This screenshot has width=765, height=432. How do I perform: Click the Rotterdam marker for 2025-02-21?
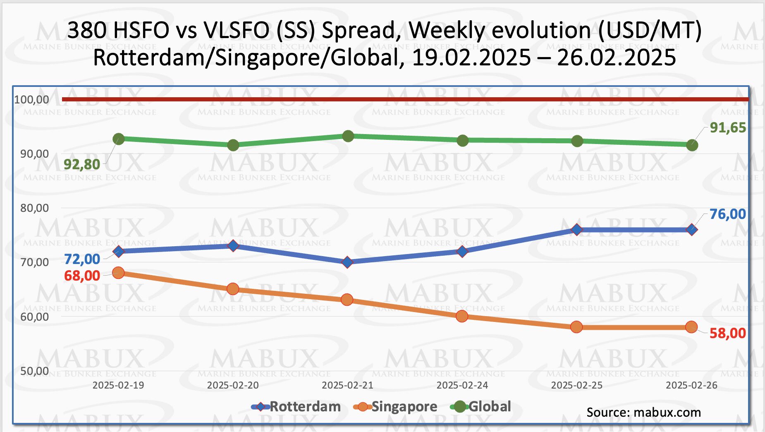click(347, 262)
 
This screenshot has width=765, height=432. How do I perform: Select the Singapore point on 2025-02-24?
click(462, 316)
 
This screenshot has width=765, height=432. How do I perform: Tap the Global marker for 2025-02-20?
click(233, 145)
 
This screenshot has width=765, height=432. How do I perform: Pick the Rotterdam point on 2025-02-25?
click(577, 230)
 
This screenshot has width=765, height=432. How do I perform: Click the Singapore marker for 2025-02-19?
click(118, 273)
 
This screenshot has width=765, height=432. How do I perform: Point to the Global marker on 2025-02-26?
click(692, 145)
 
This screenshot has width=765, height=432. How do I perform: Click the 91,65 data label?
click(728, 127)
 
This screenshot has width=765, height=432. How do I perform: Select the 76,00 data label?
click(727, 214)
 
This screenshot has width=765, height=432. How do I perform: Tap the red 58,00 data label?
click(727, 333)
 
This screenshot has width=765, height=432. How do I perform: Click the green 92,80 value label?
click(82, 164)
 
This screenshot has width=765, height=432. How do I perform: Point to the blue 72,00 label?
click(82, 259)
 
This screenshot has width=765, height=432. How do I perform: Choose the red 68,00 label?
click(82, 276)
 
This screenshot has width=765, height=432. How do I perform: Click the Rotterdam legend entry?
click(296, 406)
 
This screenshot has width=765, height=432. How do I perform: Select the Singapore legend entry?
click(396, 406)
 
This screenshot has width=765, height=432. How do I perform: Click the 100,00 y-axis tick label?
click(31, 99)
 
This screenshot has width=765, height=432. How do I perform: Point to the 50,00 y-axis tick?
click(34, 371)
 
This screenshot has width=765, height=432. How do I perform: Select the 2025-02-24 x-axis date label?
click(462, 385)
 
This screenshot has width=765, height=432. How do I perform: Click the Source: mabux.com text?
click(643, 412)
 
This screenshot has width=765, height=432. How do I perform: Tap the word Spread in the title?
click(361, 30)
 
